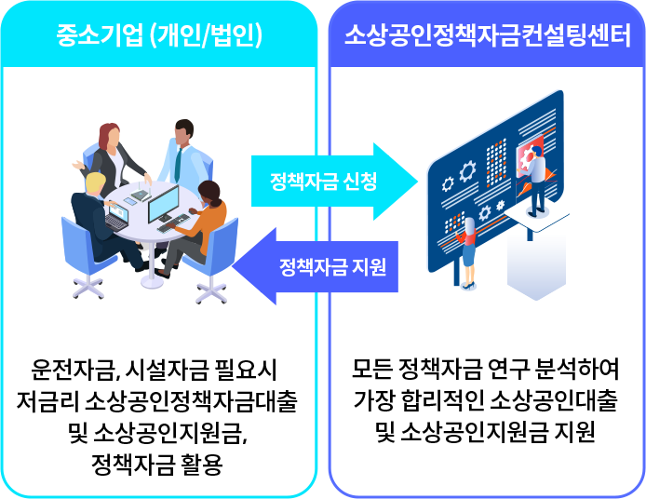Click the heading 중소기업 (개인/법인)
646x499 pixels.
159,36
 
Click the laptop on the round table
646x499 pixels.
117,220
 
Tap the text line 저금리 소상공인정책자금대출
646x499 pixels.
159,403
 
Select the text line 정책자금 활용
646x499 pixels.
159,464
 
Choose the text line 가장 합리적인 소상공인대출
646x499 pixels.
487,403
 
